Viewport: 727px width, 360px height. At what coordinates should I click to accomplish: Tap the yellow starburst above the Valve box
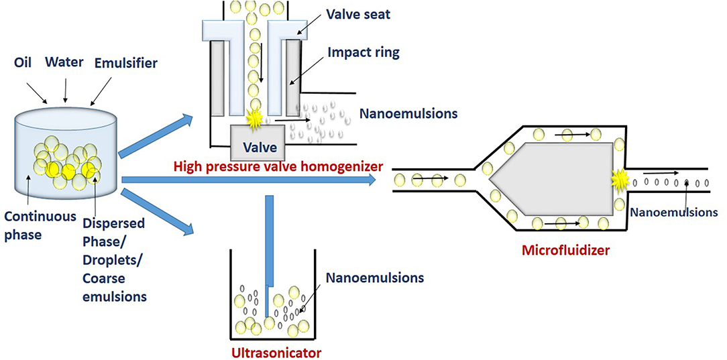tap(254, 119)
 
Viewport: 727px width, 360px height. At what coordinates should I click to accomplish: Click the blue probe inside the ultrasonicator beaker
tap(269, 255)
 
